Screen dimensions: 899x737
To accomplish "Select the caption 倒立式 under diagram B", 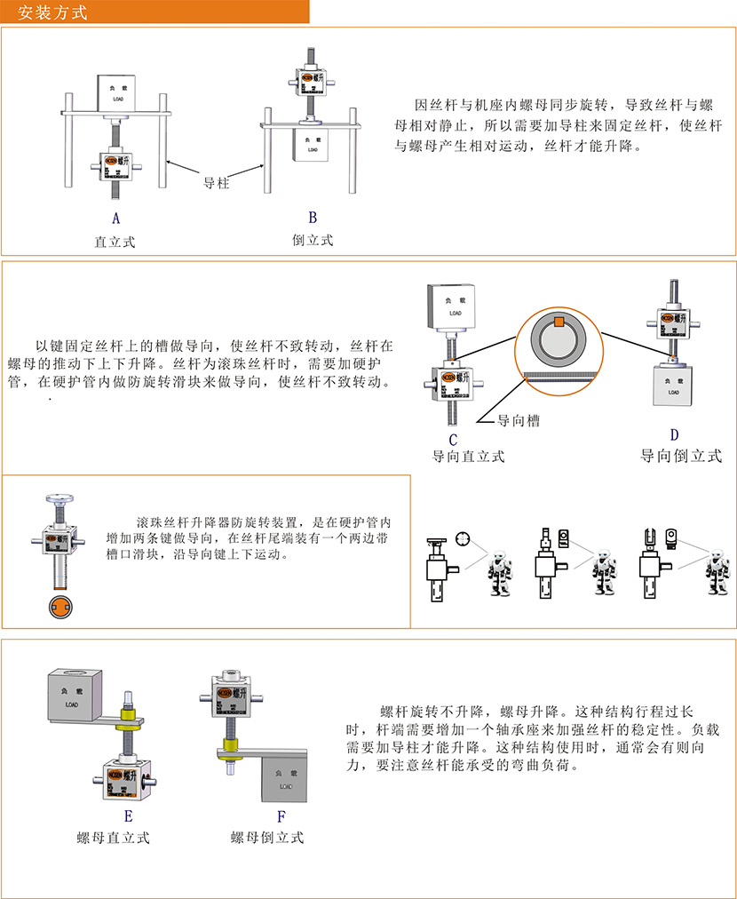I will (313, 240).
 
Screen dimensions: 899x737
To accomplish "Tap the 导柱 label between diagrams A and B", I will (217, 183).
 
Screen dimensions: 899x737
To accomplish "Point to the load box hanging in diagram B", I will (310, 143).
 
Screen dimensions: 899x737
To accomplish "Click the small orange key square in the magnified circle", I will (559, 321).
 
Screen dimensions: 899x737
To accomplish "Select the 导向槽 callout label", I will (518, 421).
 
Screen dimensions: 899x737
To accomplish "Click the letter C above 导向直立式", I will (452, 438).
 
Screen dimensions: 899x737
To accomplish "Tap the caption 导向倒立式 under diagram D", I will (681, 457).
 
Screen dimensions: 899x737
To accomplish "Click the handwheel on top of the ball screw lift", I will (60, 497).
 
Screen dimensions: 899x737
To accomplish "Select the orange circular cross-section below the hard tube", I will (60, 609).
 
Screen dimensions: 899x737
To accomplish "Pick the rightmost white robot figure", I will (715, 574).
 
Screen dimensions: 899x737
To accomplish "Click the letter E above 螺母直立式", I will (128, 815).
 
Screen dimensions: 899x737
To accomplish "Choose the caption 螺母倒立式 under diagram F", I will (267, 837).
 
